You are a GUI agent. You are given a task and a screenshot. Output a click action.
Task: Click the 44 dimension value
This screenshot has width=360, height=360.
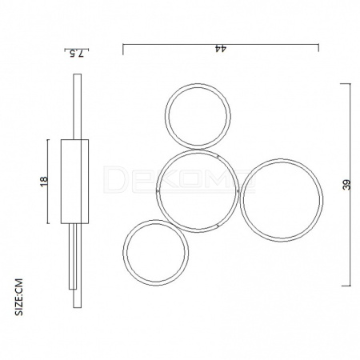click(x=221, y=48)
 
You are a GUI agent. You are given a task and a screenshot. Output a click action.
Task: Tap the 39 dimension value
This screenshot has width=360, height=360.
click(x=346, y=185)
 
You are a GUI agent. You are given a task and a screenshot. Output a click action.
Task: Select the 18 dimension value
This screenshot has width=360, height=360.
click(x=44, y=182)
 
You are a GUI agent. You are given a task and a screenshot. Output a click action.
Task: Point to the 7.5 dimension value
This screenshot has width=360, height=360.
click(x=77, y=54)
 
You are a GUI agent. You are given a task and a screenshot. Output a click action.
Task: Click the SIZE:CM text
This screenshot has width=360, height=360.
click(x=19, y=297)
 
